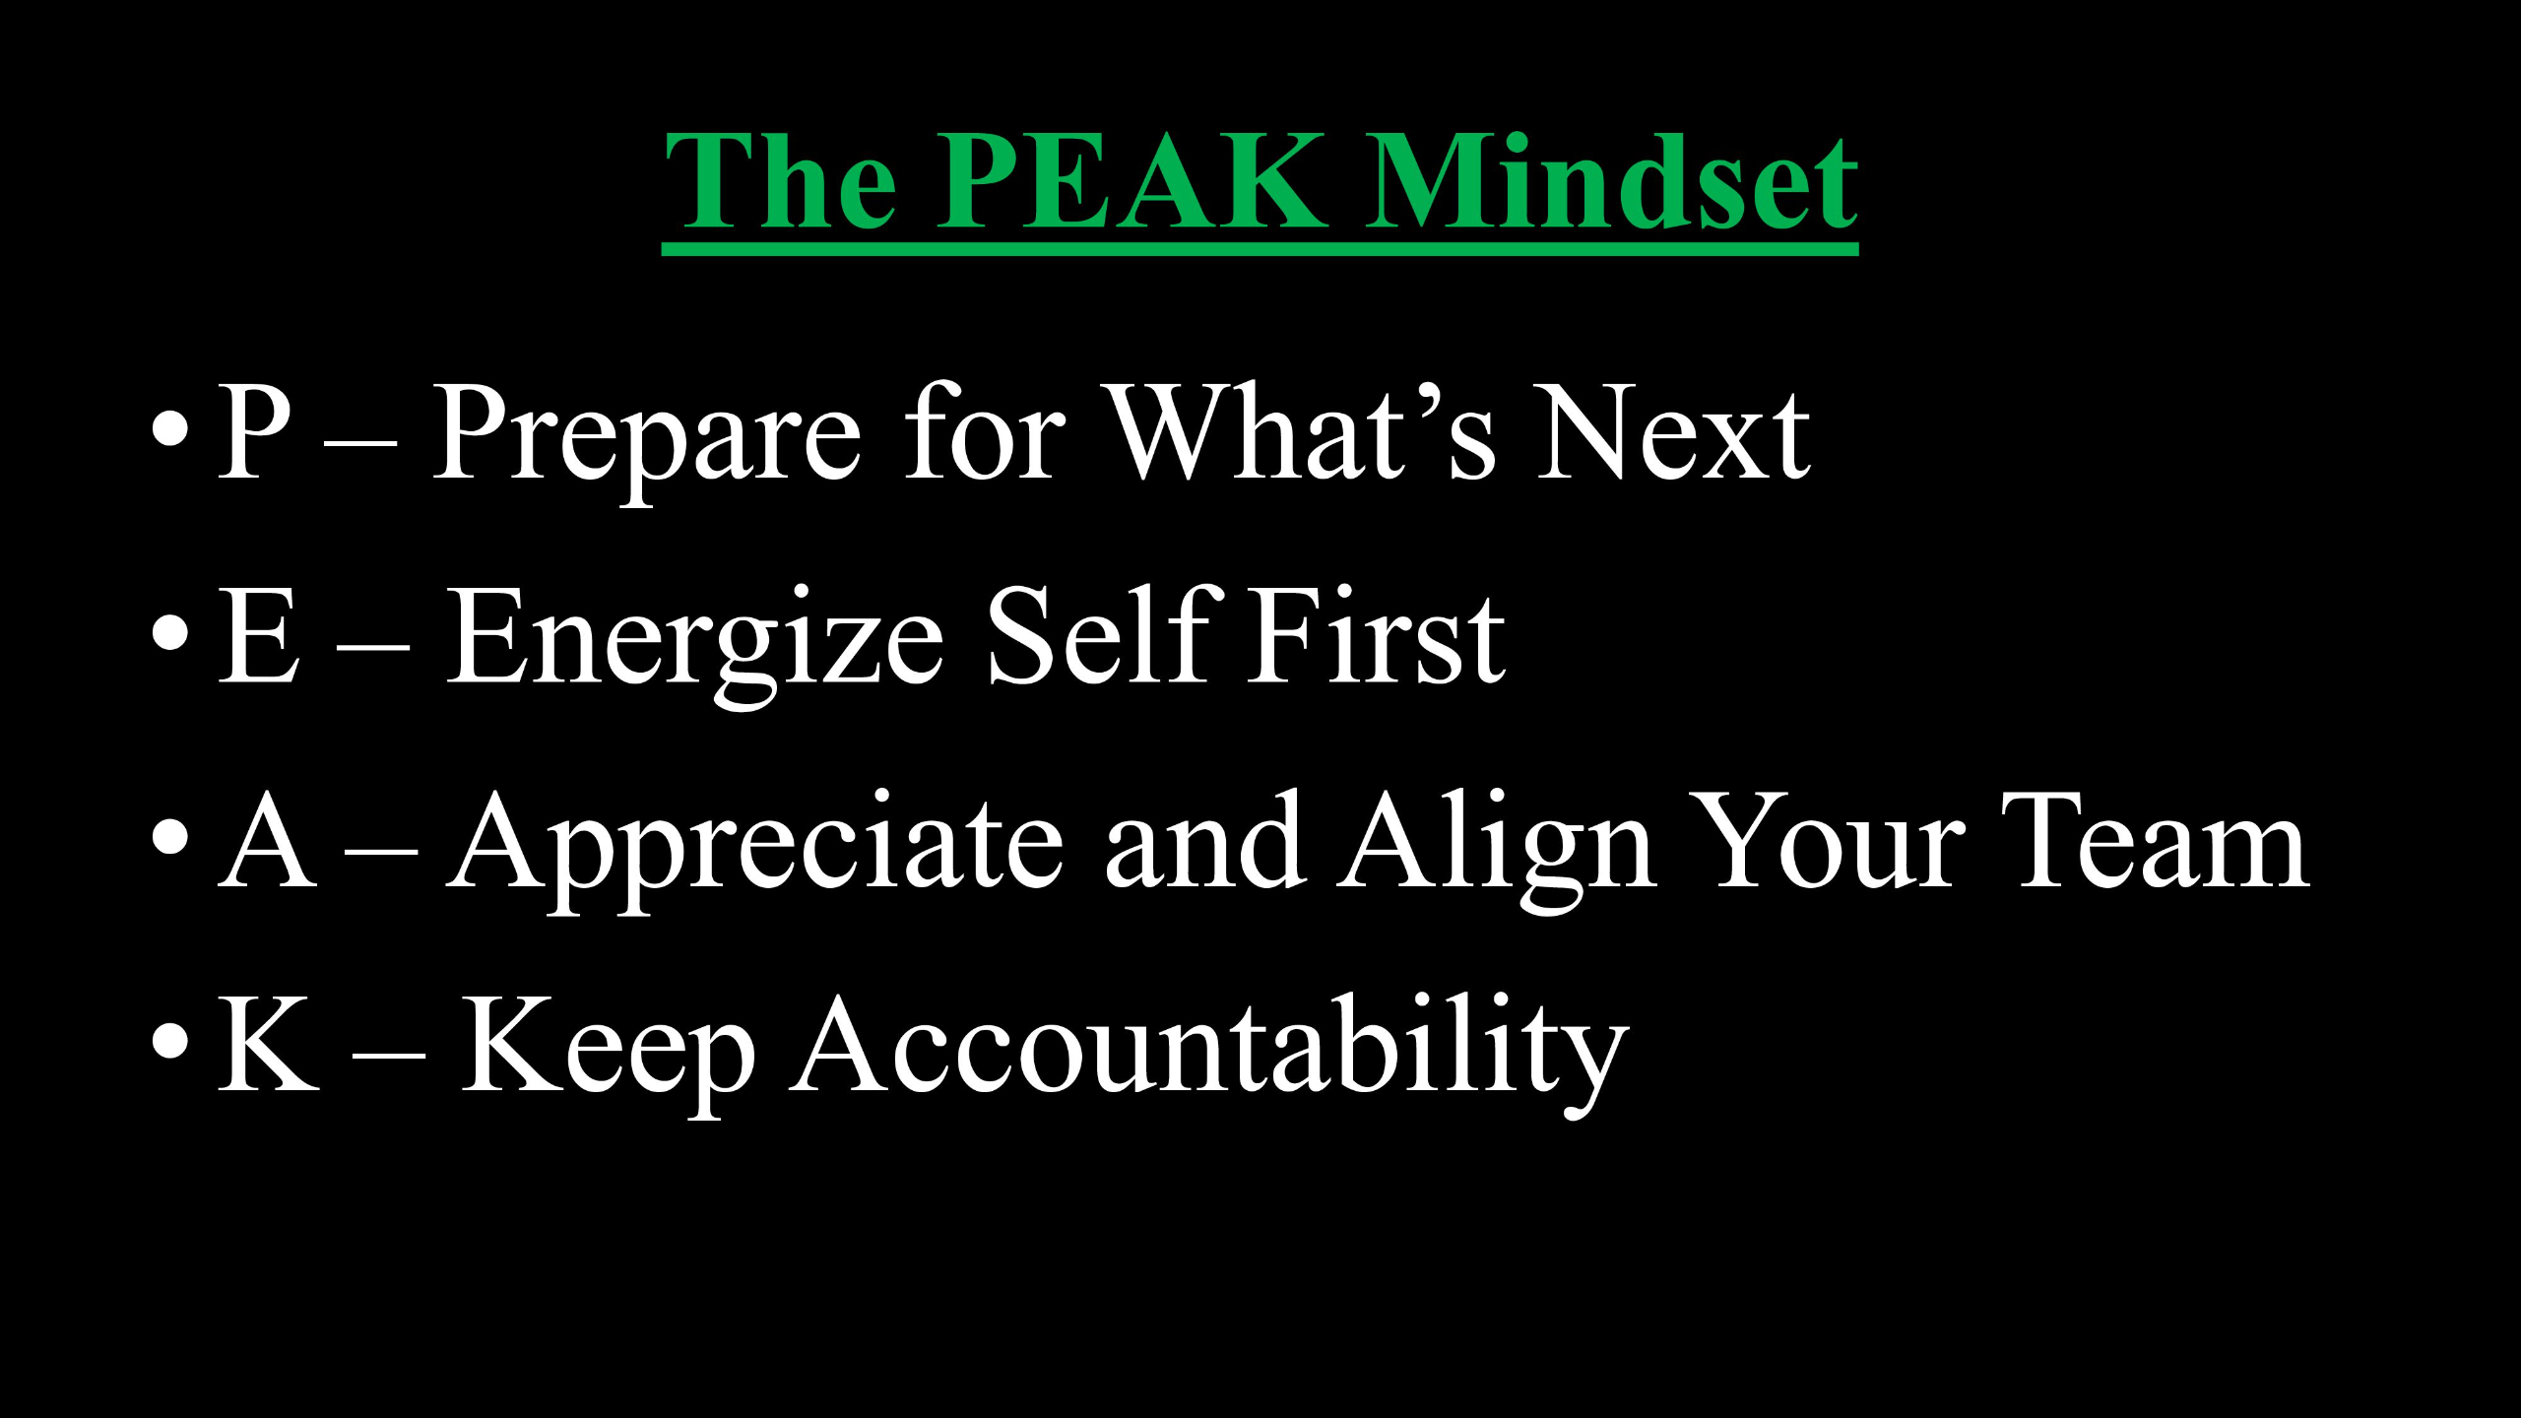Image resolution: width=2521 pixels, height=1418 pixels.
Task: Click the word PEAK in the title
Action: (x=1131, y=181)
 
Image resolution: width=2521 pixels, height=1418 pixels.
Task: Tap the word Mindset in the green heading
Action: (x=1611, y=181)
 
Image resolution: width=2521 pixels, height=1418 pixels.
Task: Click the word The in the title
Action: (x=781, y=181)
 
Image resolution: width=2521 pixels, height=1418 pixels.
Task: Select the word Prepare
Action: (x=648, y=441)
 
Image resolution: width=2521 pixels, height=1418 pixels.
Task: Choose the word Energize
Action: (x=695, y=646)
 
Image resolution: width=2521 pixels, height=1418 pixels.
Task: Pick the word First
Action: (x=1378, y=634)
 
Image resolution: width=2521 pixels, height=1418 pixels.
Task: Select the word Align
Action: (x=1495, y=852)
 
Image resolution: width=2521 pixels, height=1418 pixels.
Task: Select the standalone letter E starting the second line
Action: (x=258, y=635)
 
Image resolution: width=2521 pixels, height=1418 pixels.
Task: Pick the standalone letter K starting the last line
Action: (x=268, y=1044)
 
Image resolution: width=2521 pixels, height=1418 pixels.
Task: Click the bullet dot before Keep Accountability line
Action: (x=170, y=1043)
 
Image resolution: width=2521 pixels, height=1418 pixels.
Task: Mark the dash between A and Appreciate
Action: (x=381, y=854)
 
